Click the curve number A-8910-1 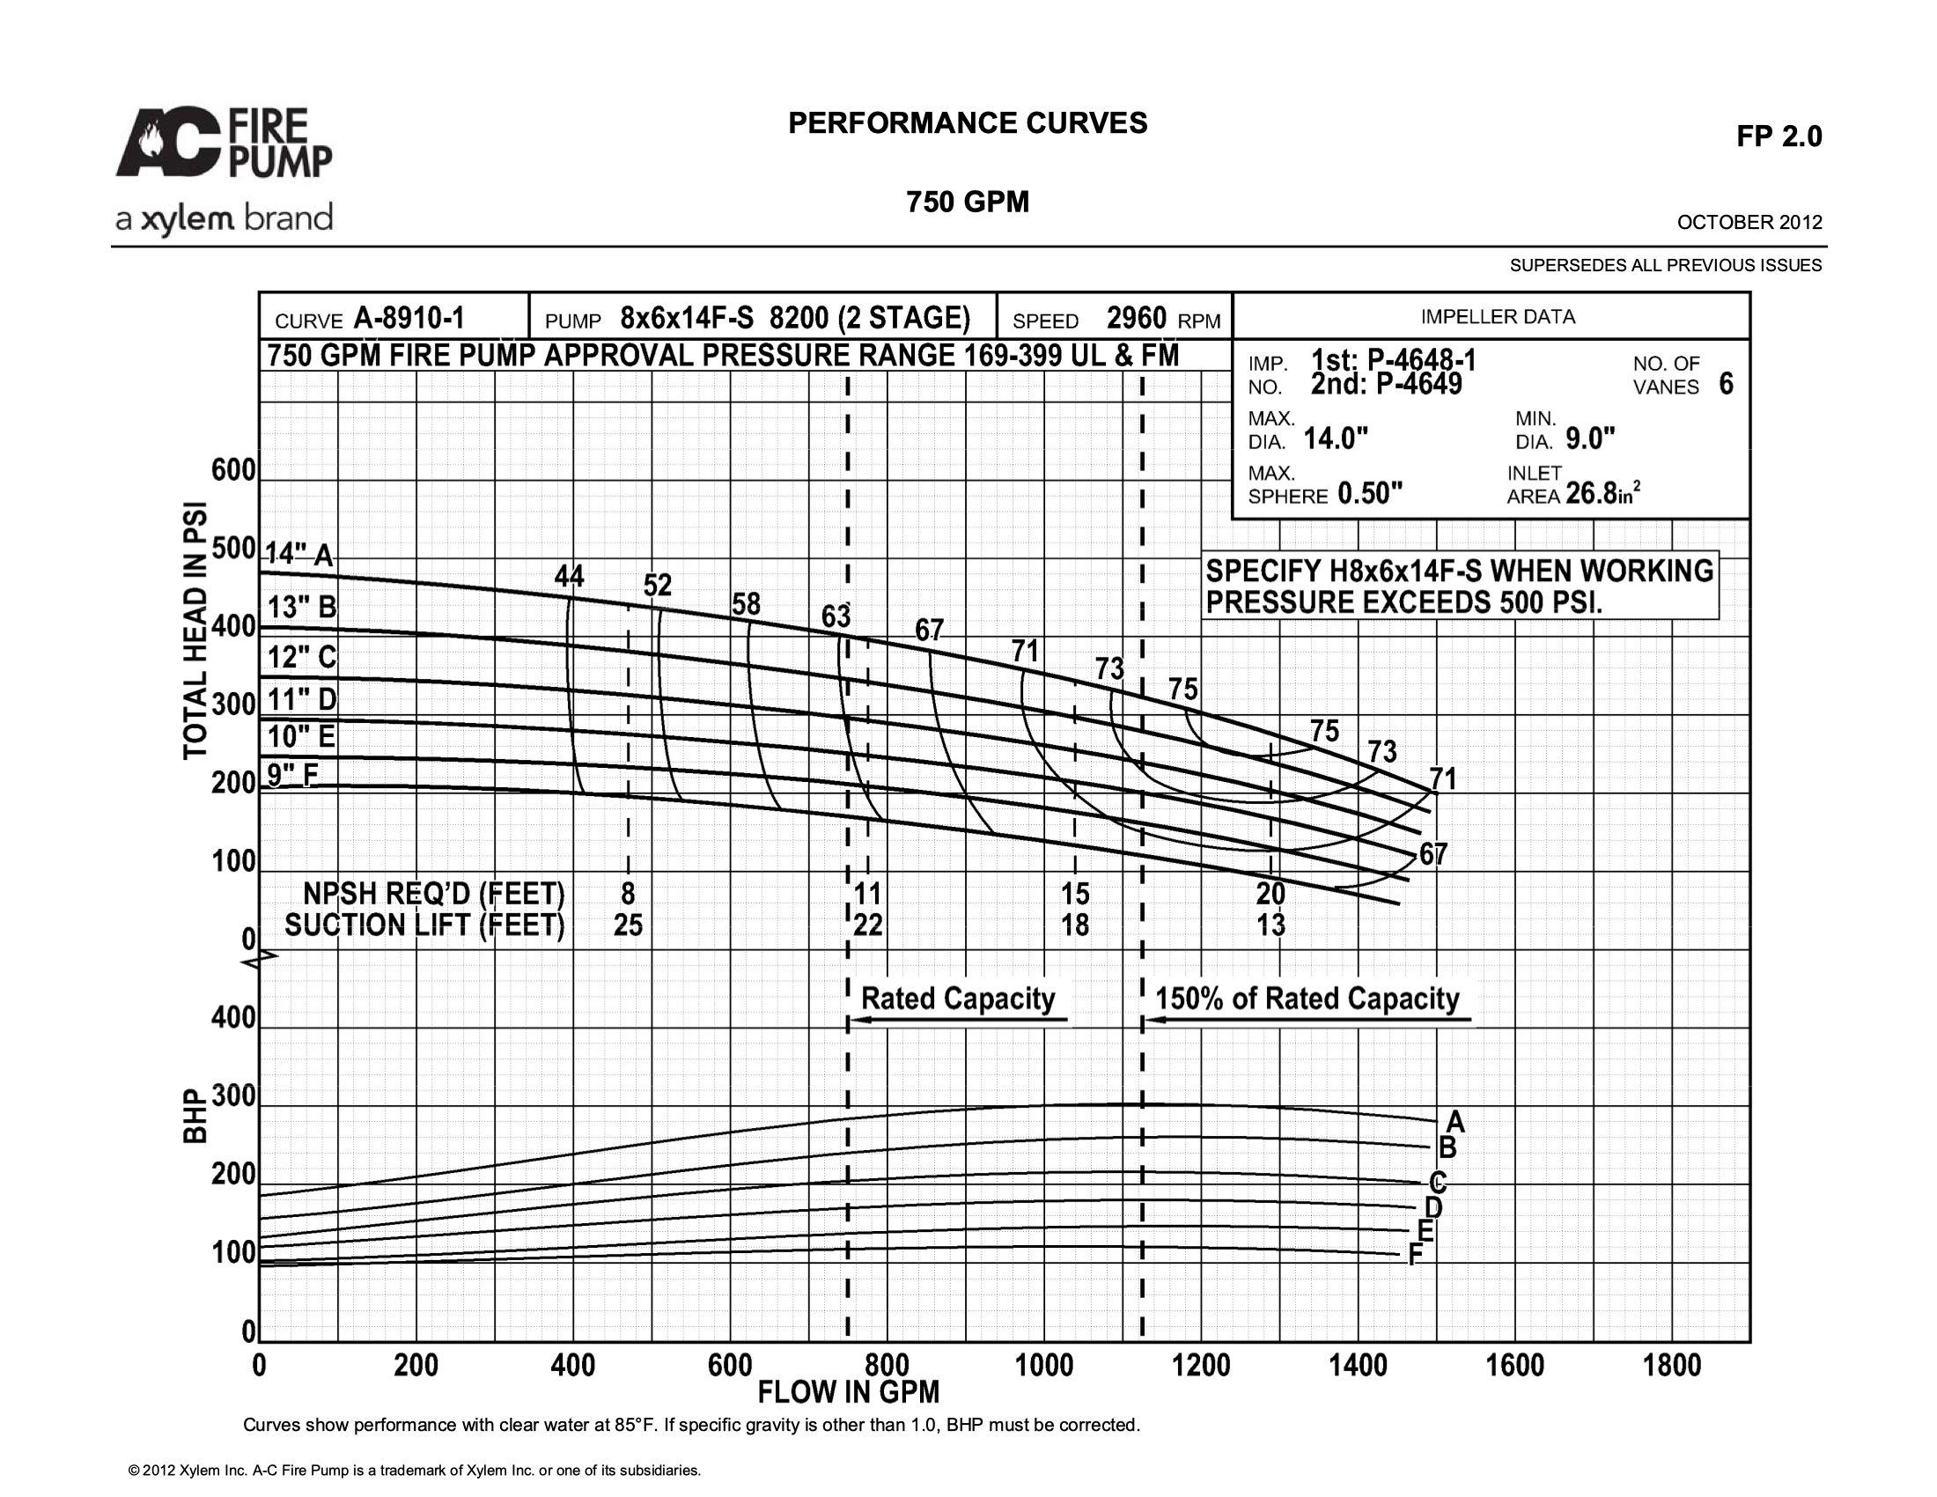[x=409, y=318]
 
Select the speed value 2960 [x=1136, y=318]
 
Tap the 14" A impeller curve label [x=298, y=554]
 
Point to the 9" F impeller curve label [x=292, y=775]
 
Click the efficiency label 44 [x=570, y=577]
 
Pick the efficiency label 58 [x=746, y=604]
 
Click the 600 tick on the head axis [x=233, y=470]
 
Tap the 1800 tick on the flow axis [x=1671, y=1365]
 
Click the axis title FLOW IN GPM [x=849, y=1392]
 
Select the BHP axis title [x=195, y=1116]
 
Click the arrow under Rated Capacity [x=958, y=1020]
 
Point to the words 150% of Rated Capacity [x=1307, y=999]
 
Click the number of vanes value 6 [x=1726, y=384]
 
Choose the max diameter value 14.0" [x=1336, y=439]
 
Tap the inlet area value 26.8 [x=1591, y=493]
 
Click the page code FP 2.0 [x=1779, y=136]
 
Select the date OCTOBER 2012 [x=1749, y=223]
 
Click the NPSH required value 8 [x=628, y=892]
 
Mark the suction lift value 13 [x=1270, y=925]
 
